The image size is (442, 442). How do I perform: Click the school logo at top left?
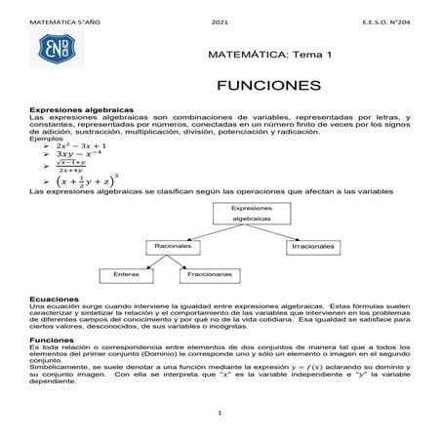pyautogui.click(x=53, y=49)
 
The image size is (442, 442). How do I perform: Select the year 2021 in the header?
pyautogui.click(x=220, y=21)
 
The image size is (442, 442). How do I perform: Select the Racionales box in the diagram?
pyautogui.click(x=173, y=247)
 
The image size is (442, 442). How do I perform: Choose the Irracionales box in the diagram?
pyautogui.click(x=314, y=247)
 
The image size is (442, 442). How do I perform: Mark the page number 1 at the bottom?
pyautogui.click(x=221, y=414)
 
